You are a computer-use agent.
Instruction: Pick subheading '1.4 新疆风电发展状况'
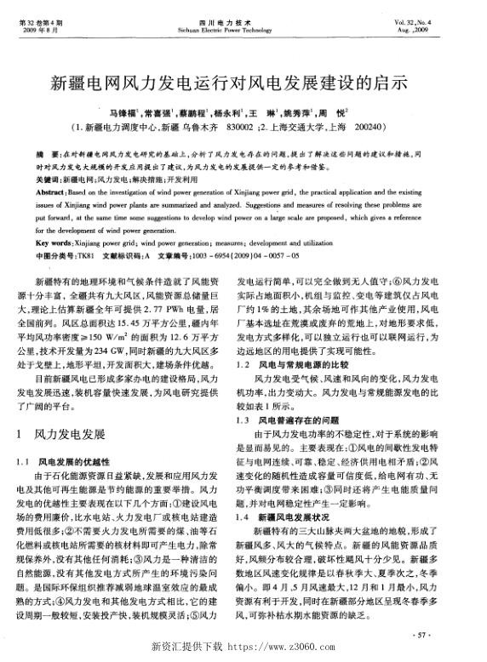pos(284,515)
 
